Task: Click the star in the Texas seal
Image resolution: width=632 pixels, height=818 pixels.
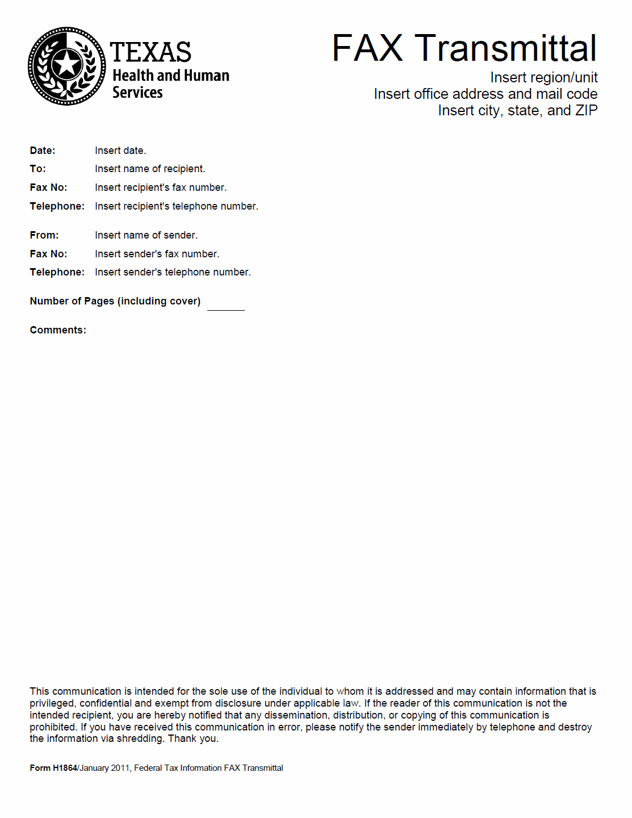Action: [67, 64]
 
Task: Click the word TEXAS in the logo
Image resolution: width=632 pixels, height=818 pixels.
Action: [150, 52]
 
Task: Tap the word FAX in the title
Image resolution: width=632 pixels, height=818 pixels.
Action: [367, 48]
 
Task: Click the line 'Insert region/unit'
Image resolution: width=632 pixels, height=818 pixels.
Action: [543, 77]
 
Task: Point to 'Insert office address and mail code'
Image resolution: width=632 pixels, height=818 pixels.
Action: [485, 94]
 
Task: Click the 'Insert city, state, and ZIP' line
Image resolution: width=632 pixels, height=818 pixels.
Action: [517, 110]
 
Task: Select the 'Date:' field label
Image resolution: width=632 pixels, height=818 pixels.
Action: [43, 151]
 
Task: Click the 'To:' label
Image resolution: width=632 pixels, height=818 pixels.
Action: [38, 169]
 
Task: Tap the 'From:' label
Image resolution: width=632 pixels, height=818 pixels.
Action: [44, 235]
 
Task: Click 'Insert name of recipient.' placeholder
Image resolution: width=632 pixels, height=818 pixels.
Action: [150, 169]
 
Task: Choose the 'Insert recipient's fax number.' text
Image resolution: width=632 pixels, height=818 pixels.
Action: [161, 187]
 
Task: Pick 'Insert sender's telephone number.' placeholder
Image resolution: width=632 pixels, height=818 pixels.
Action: [173, 272]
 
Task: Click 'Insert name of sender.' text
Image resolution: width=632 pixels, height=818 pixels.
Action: [146, 235]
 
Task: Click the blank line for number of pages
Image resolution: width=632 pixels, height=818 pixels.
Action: [225, 306]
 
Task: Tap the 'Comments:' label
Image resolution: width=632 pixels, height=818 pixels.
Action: [58, 330]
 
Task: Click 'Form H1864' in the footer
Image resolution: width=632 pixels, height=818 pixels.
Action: [53, 768]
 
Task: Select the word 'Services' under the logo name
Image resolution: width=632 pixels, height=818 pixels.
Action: [137, 93]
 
